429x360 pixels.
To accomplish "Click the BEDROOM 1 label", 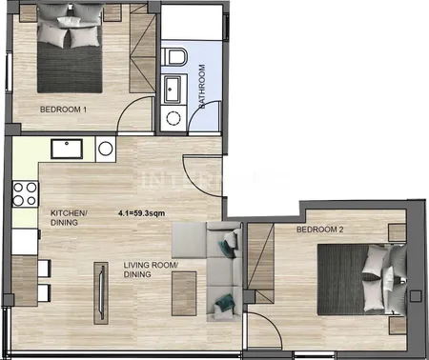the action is coord(63,110).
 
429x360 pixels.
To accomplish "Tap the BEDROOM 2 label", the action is coord(319,230).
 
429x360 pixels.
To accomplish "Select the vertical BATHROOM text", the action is coord(201,87).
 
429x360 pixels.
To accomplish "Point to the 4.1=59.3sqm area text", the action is coord(141,213).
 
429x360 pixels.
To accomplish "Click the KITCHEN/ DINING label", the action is coord(69,218).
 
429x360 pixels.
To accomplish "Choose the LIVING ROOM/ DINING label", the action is coord(151,270).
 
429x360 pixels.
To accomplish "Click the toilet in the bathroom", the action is coord(174,56).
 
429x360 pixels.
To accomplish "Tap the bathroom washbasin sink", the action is coord(172,89).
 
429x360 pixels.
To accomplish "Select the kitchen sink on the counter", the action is coord(67,149).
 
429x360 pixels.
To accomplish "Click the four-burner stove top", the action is coord(25,193).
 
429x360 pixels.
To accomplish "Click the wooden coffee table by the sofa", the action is coord(184,293).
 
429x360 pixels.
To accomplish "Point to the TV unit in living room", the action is coord(101,292).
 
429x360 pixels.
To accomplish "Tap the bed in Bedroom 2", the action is coord(362,279).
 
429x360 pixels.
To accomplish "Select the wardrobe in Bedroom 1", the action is coord(142,50).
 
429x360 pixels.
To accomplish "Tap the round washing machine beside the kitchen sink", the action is coord(106,149).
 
